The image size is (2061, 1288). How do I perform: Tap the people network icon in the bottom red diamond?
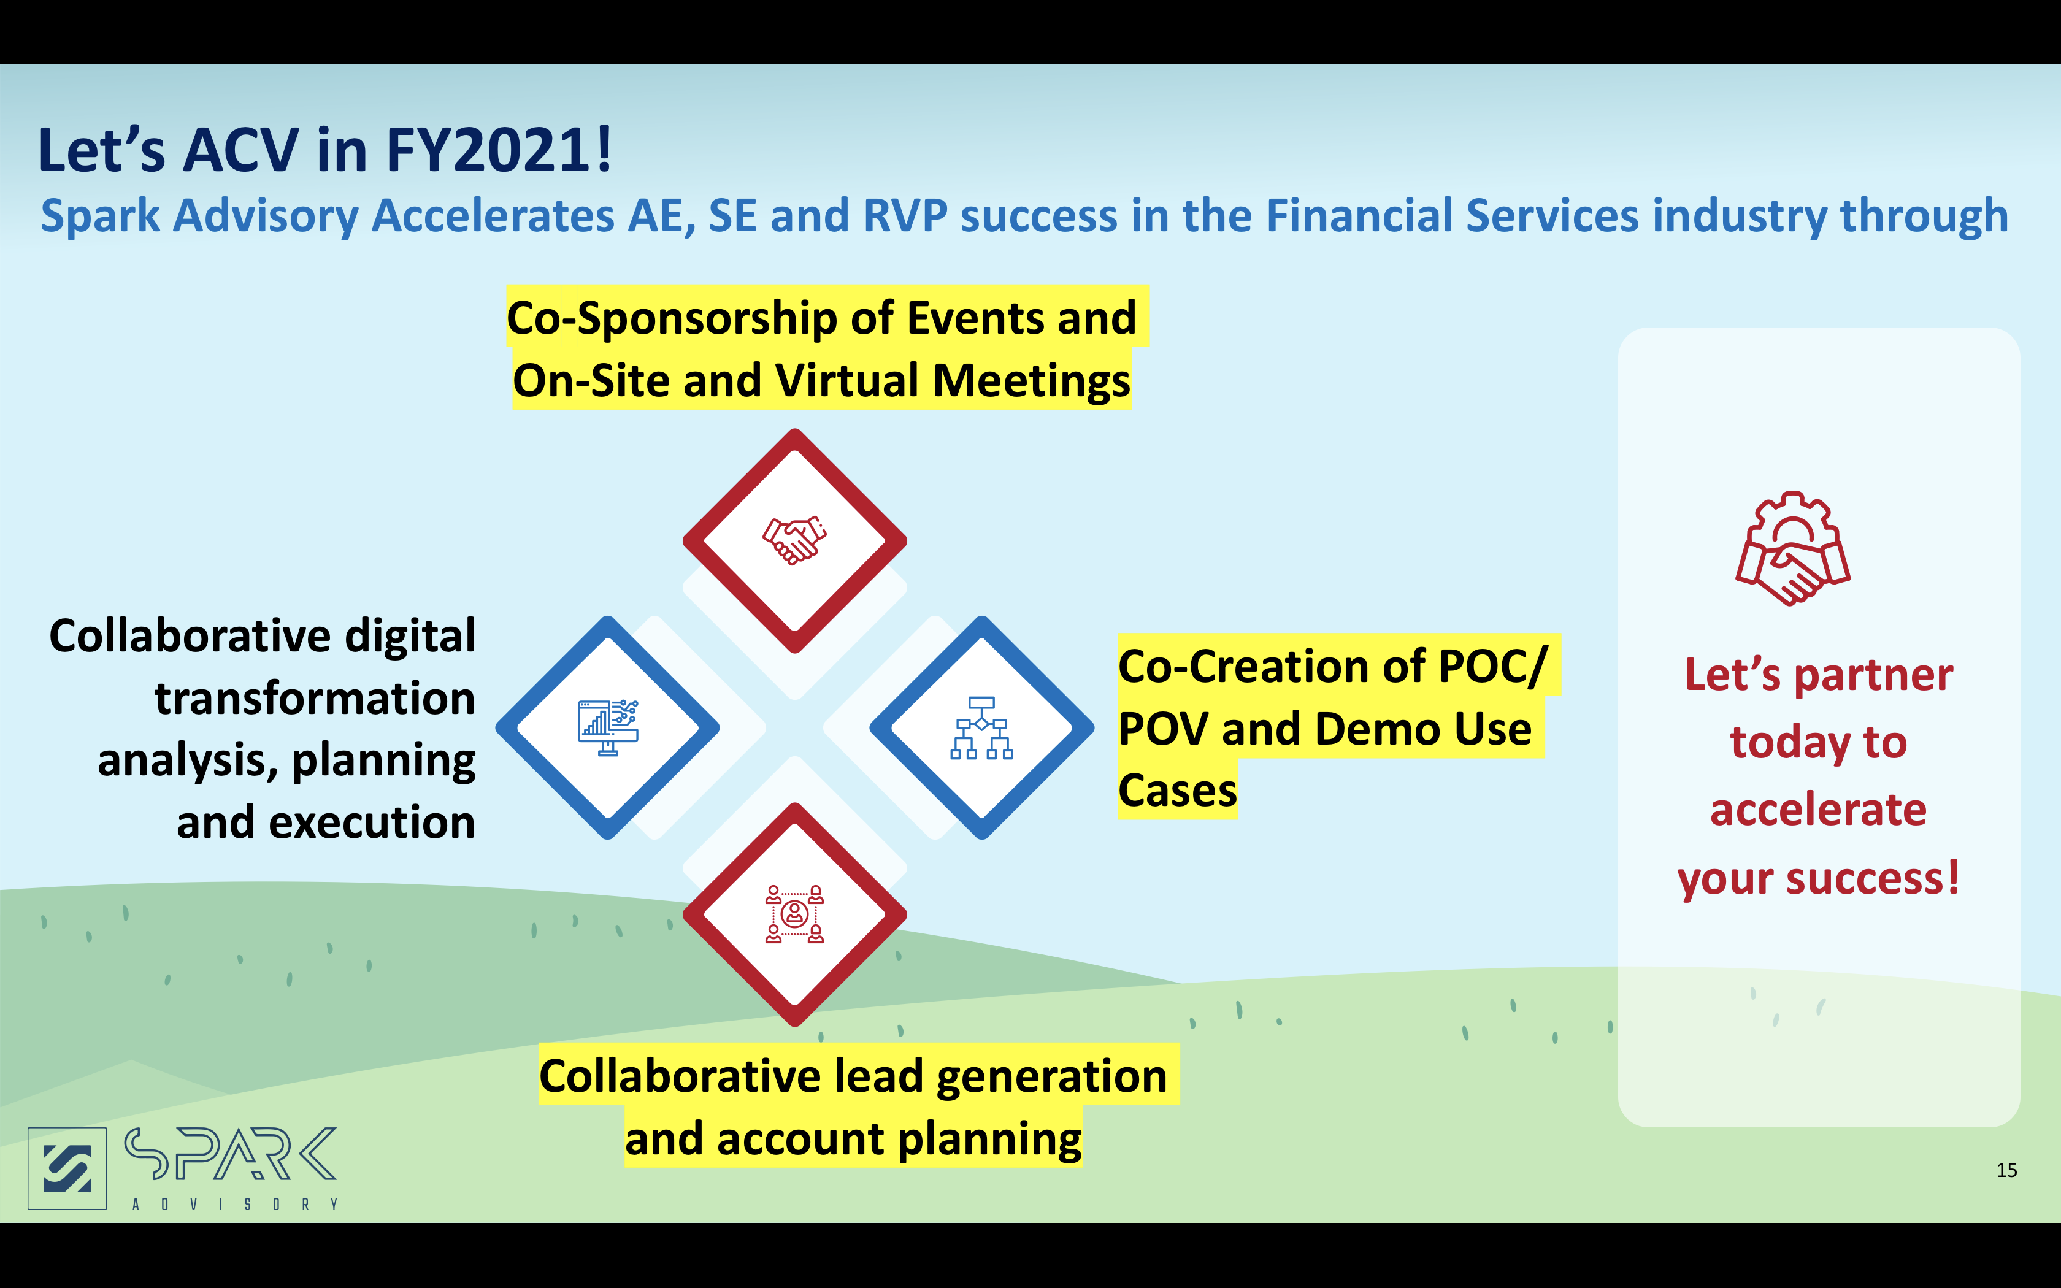794,914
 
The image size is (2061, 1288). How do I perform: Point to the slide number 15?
2006,1170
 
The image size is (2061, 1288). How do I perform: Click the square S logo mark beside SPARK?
67,1168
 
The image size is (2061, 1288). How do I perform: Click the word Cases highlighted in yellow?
1177,791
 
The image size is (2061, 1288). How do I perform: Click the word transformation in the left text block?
314,699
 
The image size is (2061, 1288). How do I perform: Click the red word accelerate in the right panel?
1818,809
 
